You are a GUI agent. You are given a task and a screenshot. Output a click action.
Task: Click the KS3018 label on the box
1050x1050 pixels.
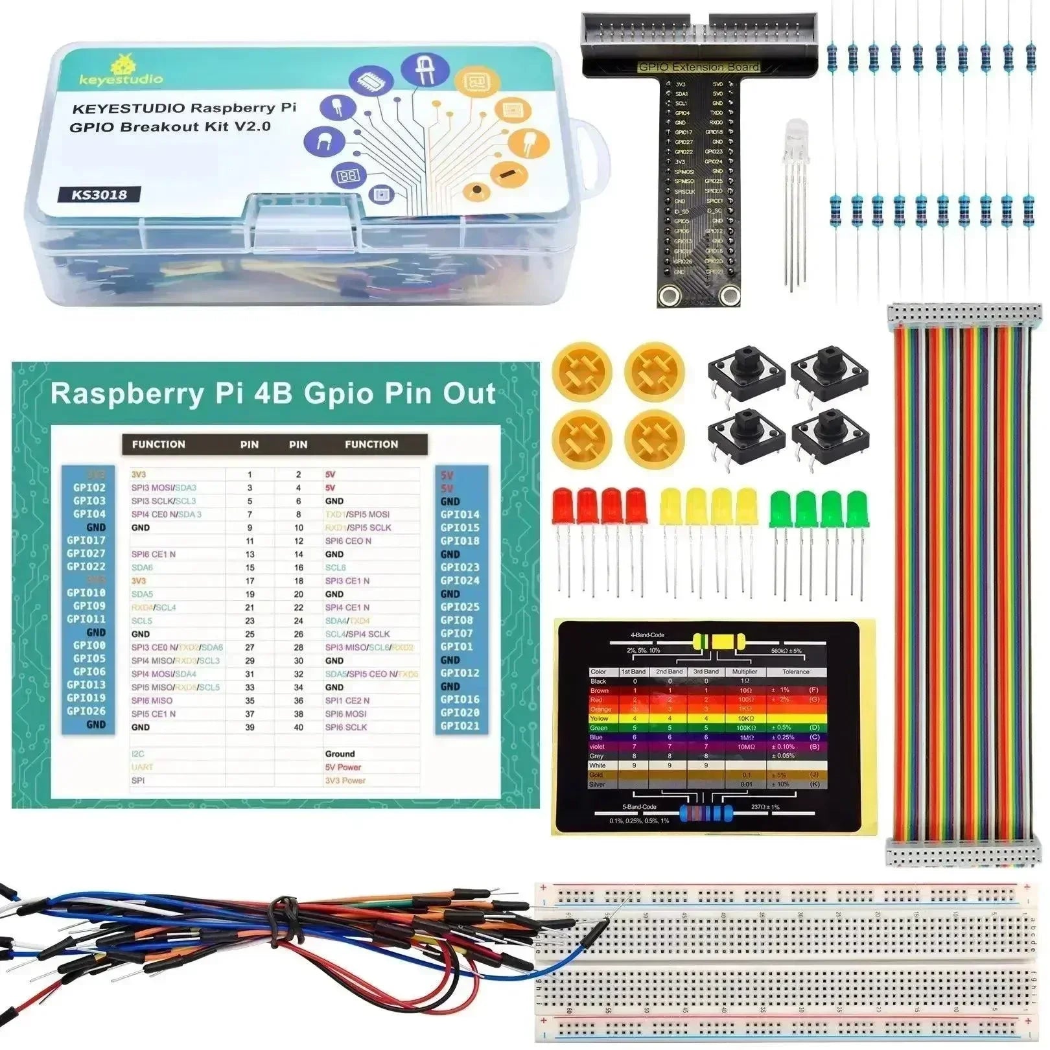point(99,194)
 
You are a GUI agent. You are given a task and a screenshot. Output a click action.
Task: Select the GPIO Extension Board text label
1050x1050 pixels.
point(699,67)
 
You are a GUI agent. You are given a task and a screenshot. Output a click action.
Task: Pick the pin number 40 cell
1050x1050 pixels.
point(298,727)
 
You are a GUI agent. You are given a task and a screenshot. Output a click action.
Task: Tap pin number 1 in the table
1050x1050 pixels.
point(250,474)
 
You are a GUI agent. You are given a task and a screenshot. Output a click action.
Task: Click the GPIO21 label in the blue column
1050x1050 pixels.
point(460,726)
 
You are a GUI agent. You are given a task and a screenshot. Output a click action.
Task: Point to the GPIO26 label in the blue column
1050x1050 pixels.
point(86,711)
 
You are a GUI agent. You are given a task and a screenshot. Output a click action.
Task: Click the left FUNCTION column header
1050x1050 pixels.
point(159,444)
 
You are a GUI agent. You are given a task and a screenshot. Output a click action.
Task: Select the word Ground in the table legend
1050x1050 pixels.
point(340,754)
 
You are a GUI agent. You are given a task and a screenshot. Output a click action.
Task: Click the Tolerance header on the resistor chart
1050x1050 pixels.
point(795,671)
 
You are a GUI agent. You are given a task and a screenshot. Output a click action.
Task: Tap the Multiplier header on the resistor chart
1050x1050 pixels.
point(745,671)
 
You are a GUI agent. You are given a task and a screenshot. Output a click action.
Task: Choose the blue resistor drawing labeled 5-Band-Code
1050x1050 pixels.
point(706,813)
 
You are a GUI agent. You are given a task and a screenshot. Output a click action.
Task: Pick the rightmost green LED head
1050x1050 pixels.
point(857,509)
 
